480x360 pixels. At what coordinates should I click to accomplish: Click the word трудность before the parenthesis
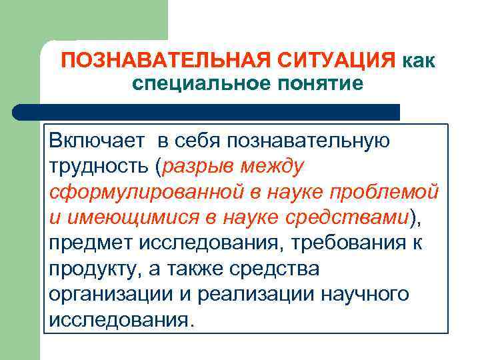pyautogui.click(x=98, y=166)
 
